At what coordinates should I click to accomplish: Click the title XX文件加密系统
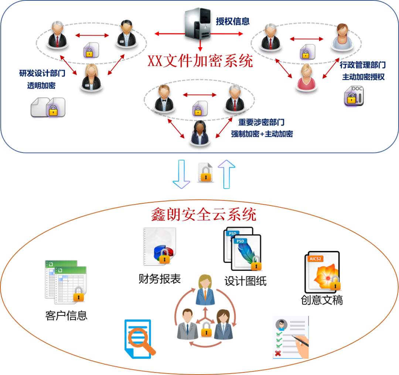(x=200, y=61)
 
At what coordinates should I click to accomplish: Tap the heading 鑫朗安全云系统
(x=203, y=215)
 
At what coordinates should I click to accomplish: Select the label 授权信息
(x=233, y=21)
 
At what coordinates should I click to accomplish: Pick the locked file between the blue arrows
(x=205, y=172)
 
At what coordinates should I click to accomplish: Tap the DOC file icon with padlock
(x=354, y=96)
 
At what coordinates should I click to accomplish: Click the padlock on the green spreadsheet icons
(x=79, y=294)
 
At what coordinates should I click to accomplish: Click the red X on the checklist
(x=277, y=354)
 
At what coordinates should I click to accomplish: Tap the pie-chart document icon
(x=160, y=247)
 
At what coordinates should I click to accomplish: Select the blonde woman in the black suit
(x=91, y=78)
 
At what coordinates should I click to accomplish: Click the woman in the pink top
(x=306, y=78)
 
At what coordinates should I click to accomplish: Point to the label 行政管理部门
(x=363, y=65)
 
